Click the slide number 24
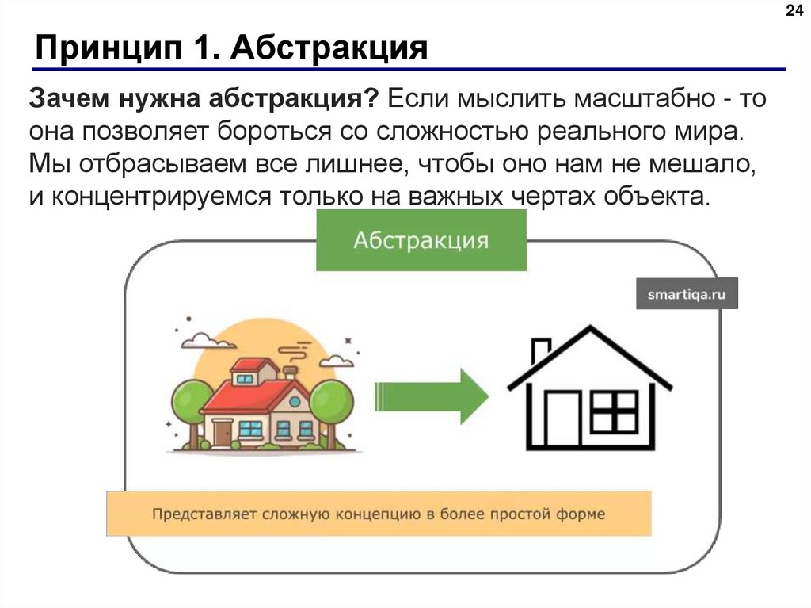[793, 10]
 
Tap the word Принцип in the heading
[106, 49]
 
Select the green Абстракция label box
[421, 241]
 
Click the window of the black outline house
[615, 412]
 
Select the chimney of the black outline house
[541, 351]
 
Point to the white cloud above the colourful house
[208, 342]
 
